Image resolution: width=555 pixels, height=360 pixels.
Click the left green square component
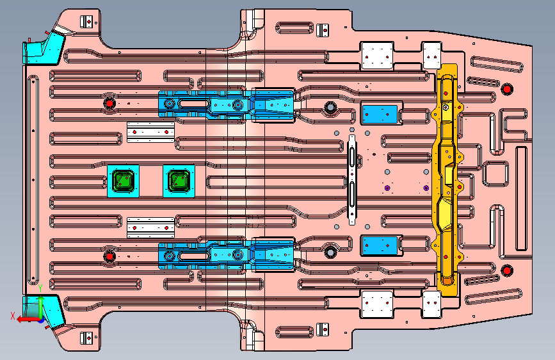(123, 181)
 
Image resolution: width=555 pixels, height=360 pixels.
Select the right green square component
(179, 181)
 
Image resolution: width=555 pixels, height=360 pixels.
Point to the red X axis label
(13, 316)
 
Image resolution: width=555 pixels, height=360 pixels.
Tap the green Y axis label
(40, 288)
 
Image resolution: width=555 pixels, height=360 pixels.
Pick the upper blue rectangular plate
(380, 114)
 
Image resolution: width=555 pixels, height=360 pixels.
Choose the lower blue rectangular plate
(380, 245)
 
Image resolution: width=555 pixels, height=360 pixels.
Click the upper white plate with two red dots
(151, 132)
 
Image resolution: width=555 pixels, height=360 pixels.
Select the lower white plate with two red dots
(151, 227)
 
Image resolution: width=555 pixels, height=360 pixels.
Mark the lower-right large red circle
(507, 271)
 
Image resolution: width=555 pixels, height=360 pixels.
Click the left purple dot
(387, 188)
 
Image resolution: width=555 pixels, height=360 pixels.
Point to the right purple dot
(426, 188)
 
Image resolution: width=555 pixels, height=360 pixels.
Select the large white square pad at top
(377, 56)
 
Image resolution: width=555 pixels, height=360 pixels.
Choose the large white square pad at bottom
(377, 304)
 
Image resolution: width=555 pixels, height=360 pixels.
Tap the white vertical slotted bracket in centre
(352, 179)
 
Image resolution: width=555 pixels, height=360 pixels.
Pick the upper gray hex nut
(330, 106)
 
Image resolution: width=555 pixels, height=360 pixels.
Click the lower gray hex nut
(330, 252)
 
